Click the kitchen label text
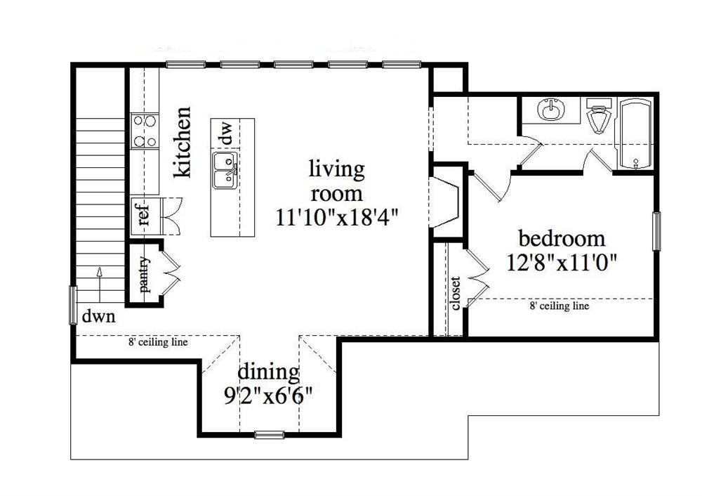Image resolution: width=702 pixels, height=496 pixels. [x=183, y=142]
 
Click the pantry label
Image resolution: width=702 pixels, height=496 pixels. [x=145, y=275]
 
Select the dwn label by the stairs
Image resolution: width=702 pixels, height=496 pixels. [x=96, y=316]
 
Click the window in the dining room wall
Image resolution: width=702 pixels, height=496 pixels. [x=270, y=435]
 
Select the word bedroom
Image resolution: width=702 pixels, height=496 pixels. [x=562, y=237]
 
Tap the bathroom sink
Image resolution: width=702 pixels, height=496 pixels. [x=550, y=111]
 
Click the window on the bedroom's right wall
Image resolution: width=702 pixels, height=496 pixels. [x=656, y=230]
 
